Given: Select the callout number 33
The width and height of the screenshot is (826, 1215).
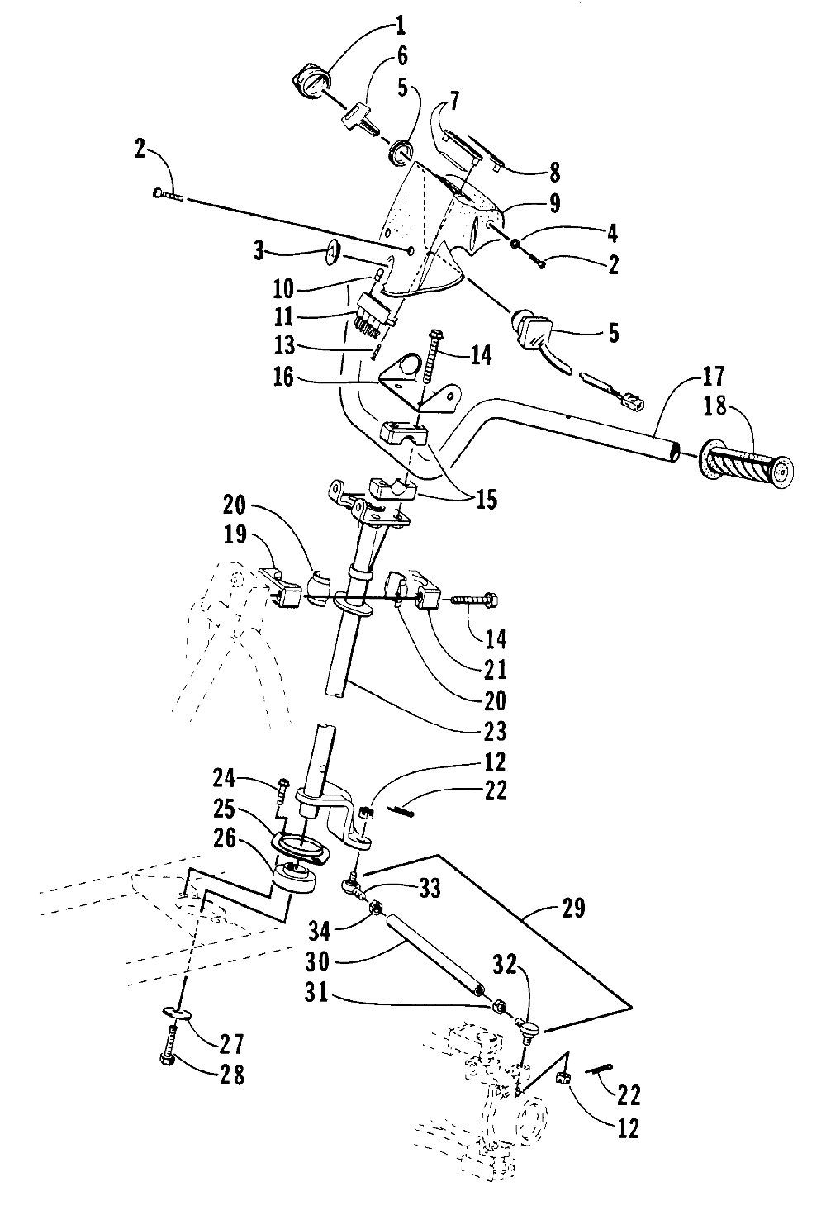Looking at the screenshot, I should tap(429, 889).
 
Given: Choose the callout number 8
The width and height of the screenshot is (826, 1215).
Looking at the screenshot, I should tap(553, 173).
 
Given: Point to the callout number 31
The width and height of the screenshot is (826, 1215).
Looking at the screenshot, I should tap(434, 997).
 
